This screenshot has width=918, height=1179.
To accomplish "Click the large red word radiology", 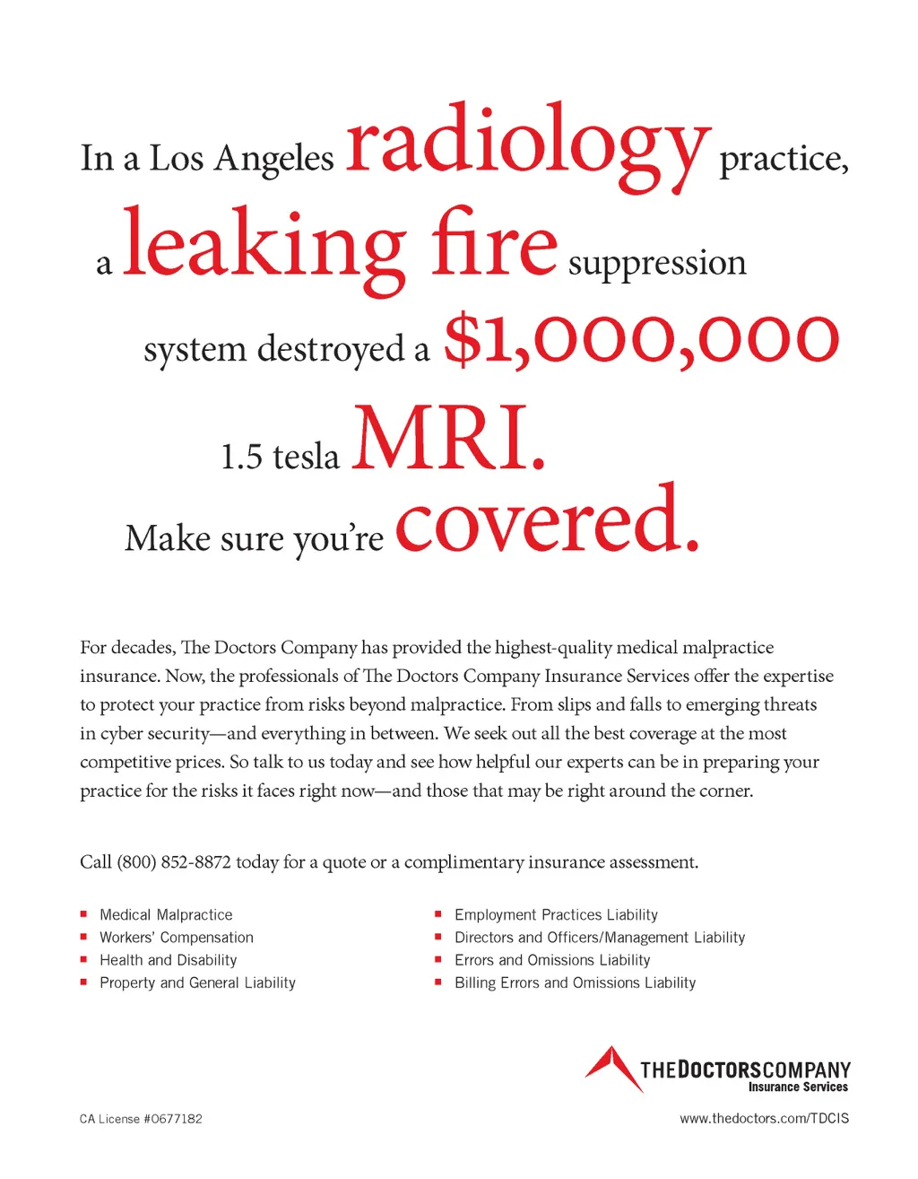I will point(528,144).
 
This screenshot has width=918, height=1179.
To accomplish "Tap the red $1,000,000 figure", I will point(641,339).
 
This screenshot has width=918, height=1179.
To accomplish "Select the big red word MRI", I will point(448,440).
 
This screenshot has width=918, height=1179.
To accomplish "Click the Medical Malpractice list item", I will point(166,914).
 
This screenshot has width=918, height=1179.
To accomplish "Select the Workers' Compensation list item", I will point(177,938).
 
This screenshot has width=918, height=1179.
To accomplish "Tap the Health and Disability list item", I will point(169,960).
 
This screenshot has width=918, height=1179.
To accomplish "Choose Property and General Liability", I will point(197,982).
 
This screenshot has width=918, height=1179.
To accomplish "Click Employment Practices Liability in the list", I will point(556,914).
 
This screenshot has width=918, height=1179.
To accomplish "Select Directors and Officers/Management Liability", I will point(600,938).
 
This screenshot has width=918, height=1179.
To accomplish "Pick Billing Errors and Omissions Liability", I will point(575,982).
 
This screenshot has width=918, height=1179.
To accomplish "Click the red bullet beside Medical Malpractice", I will point(83,914).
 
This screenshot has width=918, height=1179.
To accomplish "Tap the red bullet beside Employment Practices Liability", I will point(438,914).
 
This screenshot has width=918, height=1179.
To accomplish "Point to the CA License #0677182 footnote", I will point(141,1119).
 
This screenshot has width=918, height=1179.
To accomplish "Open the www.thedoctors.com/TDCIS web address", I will point(764,1119).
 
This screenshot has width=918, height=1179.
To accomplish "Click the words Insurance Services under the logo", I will point(798,1087).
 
